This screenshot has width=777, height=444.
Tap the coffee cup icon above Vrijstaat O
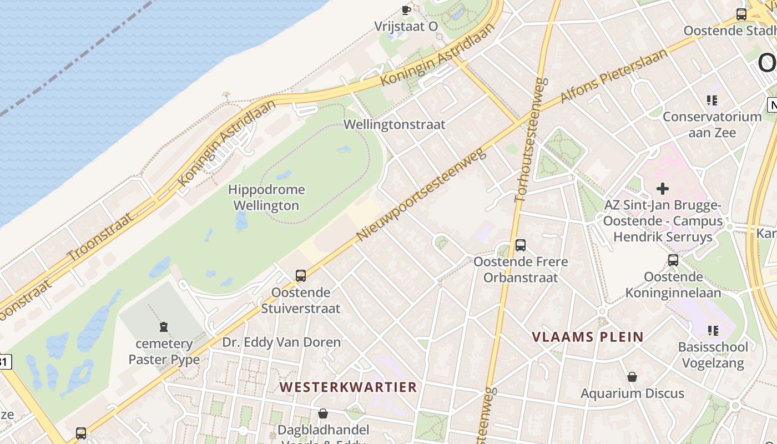(406, 9)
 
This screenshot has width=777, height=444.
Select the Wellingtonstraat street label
(395, 124)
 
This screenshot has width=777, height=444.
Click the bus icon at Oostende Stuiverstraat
(301, 275)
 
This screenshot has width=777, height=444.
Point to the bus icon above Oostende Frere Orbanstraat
(521, 245)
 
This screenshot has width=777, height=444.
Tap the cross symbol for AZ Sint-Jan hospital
(663, 189)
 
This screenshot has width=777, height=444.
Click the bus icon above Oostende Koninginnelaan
(673, 260)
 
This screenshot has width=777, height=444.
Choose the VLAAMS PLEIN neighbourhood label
(588, 337)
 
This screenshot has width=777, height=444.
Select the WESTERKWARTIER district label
(348, 387)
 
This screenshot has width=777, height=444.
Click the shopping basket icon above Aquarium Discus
(632, 377)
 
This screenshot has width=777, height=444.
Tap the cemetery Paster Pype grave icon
(164, 327)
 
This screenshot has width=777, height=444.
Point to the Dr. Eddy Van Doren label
(281, 342)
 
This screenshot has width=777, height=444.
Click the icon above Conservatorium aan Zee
(712, 100)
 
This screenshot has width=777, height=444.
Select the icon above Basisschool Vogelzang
(713, 331)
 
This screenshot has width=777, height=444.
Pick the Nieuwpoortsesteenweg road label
(422, 194)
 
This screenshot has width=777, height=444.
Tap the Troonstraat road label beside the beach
(100, 236)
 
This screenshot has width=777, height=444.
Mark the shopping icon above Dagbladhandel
(323, 413)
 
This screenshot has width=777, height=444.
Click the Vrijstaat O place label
(406, 26)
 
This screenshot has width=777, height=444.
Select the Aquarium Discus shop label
(632, 393)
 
